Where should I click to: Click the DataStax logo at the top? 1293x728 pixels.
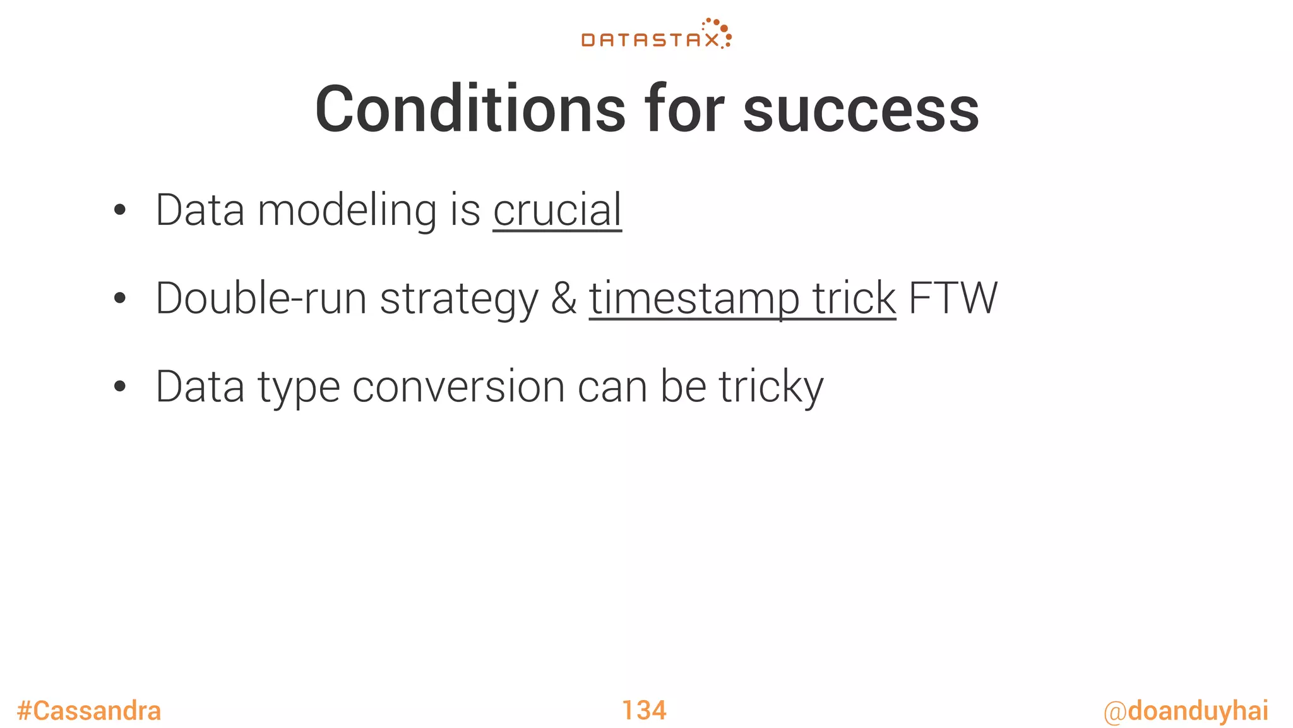[656, 35]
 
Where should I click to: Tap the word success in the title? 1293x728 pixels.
[861, 110]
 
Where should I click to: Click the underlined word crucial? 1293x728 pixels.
[557, 210]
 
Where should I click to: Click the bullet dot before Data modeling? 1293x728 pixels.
[120, 211]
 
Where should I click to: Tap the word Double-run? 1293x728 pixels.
[261, 298]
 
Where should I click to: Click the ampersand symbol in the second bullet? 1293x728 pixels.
[564, 298]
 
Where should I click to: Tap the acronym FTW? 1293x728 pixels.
[953, 298]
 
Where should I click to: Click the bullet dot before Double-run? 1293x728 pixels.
[120, 300]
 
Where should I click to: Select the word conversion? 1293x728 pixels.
[458, 387]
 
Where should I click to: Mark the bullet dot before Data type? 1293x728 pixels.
[120, 387]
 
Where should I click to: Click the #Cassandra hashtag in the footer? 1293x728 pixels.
[89, 711]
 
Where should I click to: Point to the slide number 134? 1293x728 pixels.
[644, 710]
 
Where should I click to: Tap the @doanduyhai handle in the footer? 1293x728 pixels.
[1186, 711]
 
